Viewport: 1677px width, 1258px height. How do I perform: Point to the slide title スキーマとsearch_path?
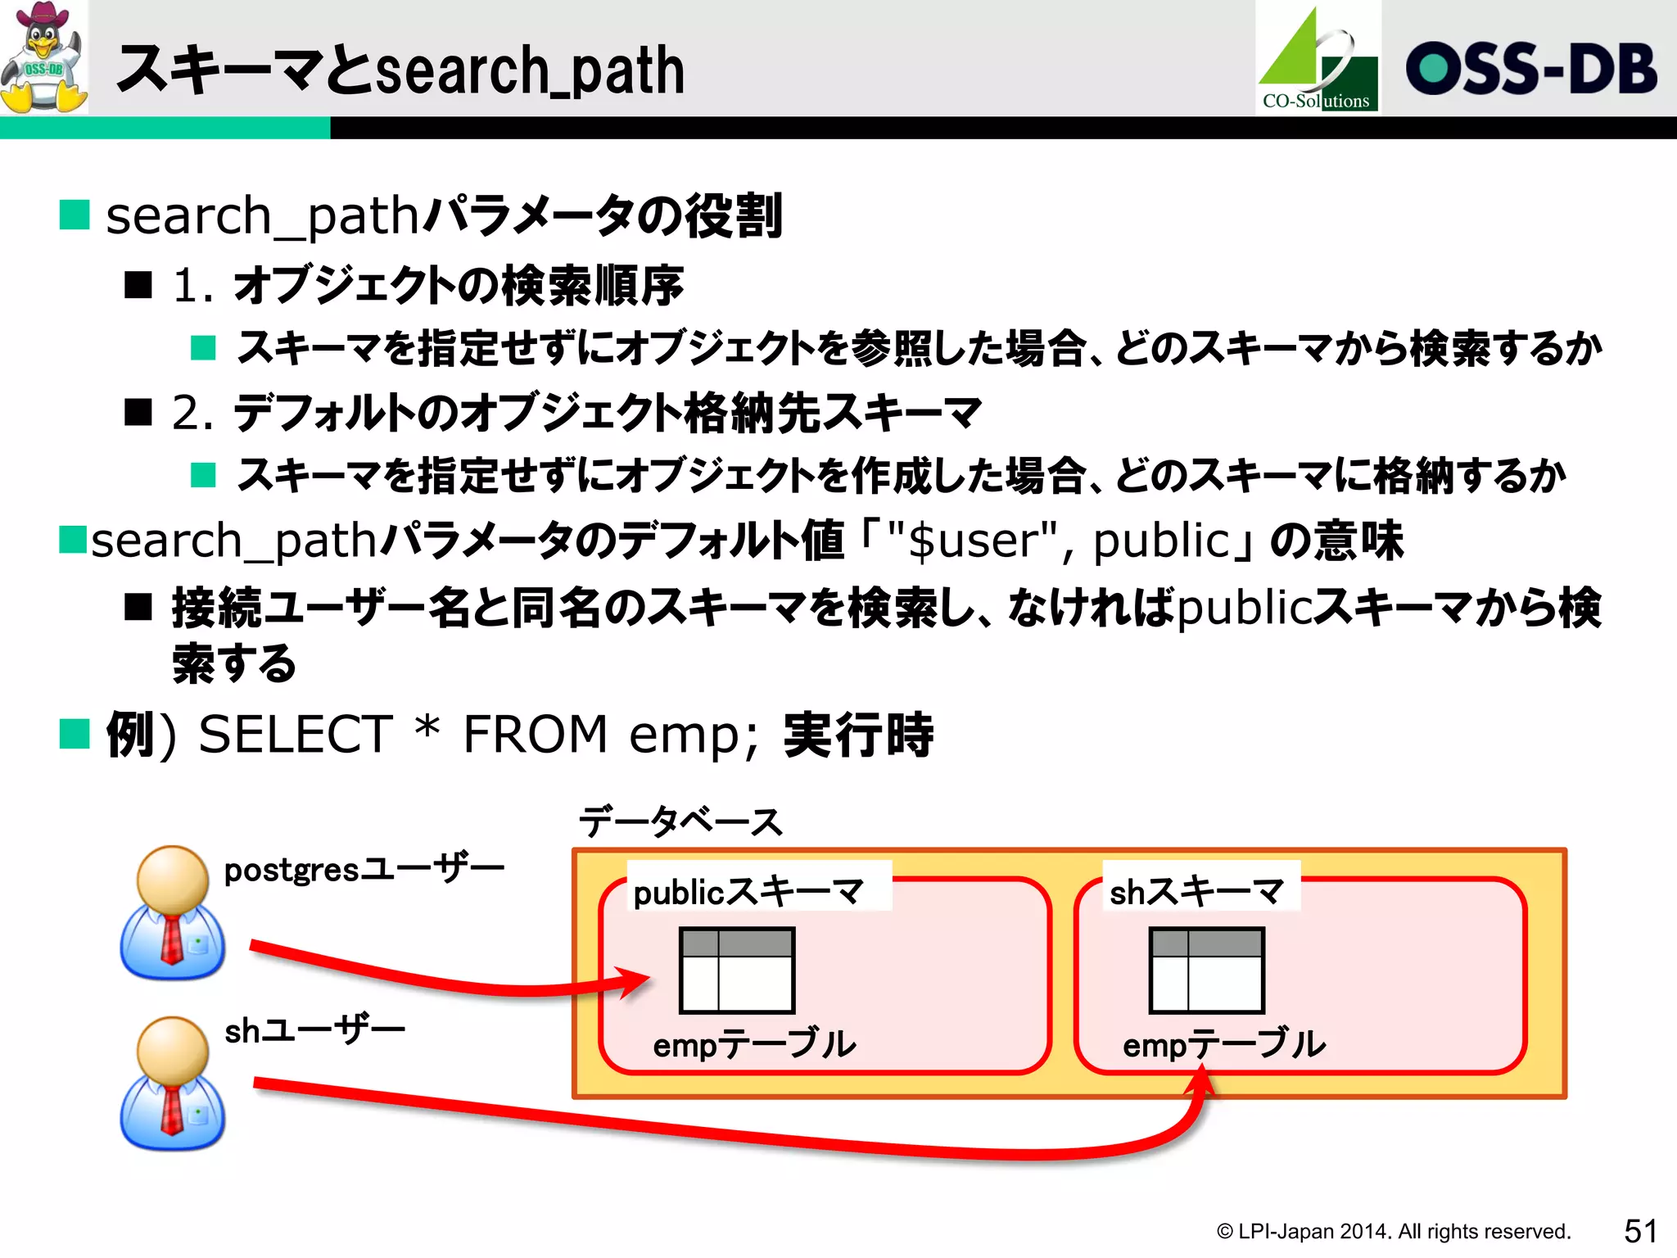(400, 70)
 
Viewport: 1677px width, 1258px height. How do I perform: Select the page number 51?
(1640, 1230)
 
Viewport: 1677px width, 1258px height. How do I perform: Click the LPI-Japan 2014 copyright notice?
(1393, 1231)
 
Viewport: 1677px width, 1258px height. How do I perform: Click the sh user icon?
(172, 1083)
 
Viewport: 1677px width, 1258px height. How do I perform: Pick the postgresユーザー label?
(364, 869)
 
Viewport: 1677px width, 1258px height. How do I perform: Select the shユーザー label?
(314, 1030)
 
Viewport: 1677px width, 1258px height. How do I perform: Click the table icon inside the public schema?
(737, 971)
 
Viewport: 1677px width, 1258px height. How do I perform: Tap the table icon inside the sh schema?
(1207, 971)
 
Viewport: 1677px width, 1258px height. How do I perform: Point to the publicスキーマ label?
(748, 891)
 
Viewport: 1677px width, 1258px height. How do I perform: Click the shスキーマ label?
(1196, 891)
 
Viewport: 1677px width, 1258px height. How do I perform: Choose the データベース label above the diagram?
(680, 821)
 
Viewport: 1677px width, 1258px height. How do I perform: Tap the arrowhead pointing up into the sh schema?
(1200, 1081)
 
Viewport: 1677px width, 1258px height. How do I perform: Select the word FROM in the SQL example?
(535, 734)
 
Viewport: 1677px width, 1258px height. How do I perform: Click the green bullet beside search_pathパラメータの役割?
(75, 215)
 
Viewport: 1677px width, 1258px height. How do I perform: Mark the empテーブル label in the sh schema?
(1224, 1044)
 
